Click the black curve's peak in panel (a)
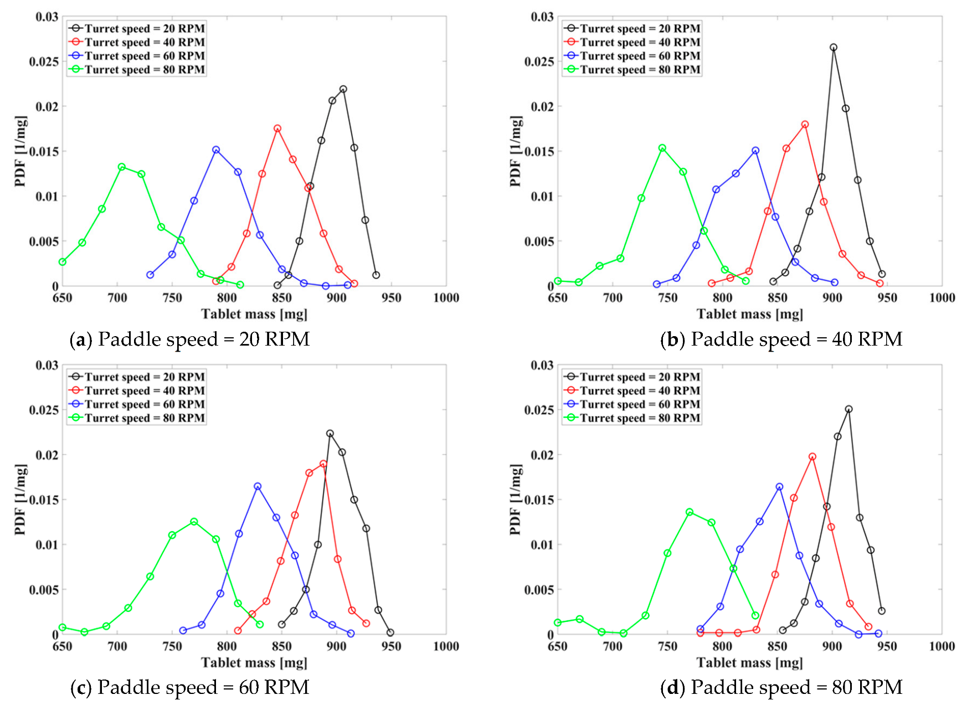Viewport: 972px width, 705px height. click(343, 89)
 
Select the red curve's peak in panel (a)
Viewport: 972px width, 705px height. click(277, 128)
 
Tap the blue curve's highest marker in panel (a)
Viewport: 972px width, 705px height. click(216, 150)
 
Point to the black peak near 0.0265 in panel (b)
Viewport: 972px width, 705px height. click(834, 48)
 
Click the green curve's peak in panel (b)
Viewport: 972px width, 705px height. click(662, 148)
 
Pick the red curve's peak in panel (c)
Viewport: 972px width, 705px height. click(323, 464)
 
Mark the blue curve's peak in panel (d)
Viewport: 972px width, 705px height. click(779, 487)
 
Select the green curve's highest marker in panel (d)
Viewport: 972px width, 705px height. click(690, 512)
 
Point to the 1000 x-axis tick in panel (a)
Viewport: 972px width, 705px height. click(446, 298)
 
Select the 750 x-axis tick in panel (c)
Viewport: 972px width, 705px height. click(172, 646)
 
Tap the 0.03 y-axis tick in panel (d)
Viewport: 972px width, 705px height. click(542, 365)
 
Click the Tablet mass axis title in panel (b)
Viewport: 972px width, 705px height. click(749, 315)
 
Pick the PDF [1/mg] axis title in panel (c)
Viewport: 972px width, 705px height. click(20, 500)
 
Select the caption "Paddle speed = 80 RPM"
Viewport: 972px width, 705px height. click(796, 687)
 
